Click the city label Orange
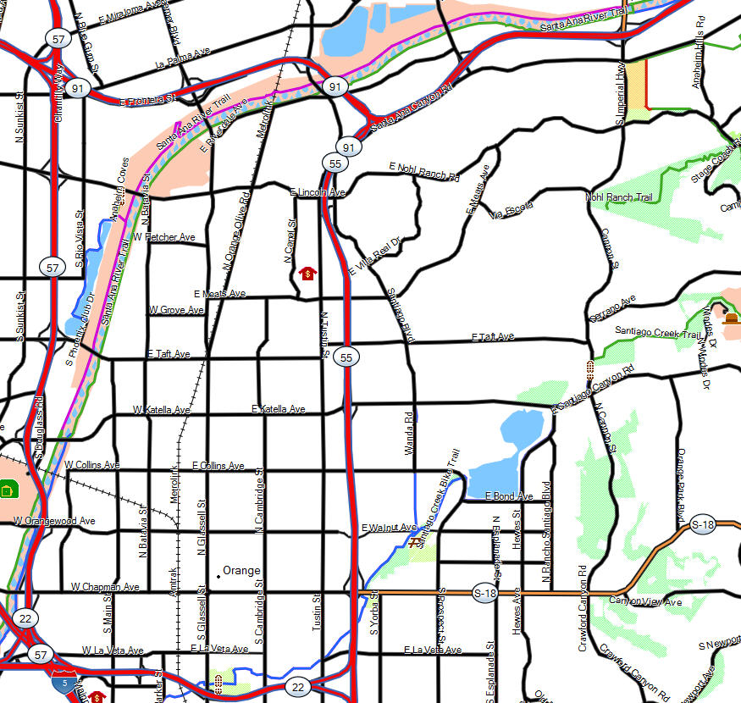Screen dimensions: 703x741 241,570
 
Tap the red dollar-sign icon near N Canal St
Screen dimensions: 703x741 308,274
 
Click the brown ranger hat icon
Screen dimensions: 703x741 731,318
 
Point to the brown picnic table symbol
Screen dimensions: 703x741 414,543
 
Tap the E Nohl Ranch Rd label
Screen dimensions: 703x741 423,171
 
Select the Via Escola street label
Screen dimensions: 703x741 512,209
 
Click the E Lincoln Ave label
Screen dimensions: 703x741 318,193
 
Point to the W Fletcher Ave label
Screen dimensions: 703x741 164,237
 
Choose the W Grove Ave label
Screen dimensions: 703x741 176,310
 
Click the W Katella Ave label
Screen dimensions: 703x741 162,410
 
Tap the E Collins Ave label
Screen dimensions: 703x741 218,466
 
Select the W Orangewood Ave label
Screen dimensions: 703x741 54,521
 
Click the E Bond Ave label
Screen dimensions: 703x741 509,496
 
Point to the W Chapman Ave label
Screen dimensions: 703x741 105,586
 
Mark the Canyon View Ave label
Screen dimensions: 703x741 645,601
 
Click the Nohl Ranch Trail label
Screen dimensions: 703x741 619,197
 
